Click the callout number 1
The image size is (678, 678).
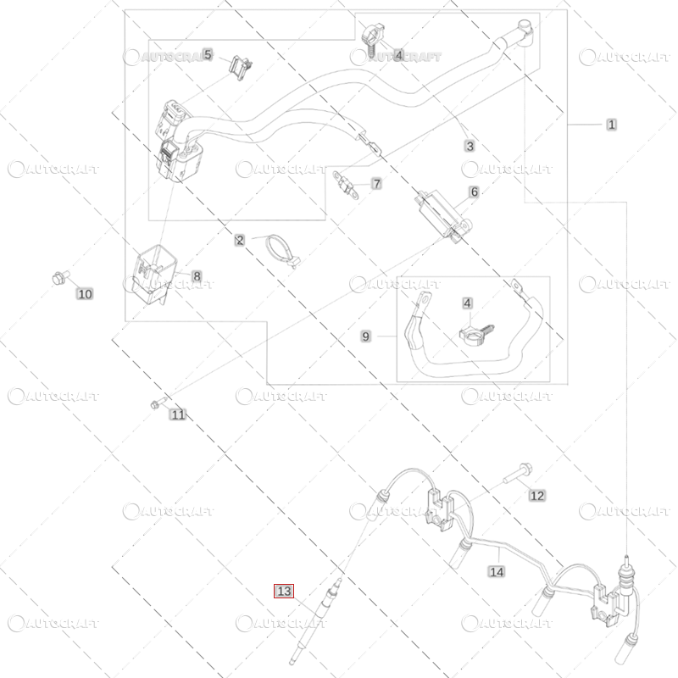pos(611,125)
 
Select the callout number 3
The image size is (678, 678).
pos(470,146)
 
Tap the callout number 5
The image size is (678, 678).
pos(208,54)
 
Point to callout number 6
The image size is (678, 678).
pos(475,192)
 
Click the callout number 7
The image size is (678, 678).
pos(376,184)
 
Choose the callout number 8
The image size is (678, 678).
pos(197,276)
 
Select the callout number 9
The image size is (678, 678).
pos(366,336)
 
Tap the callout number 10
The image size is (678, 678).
pos(85,294)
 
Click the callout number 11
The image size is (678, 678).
pos(178,414)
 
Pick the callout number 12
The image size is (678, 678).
pos(537,496)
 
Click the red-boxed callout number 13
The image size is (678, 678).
pos(284,591)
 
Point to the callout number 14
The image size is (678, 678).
pos(497,571)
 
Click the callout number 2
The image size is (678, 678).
pos(240,240)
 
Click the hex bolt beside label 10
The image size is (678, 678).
pos(60,277)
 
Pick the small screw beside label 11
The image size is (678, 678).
pos(158,403)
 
